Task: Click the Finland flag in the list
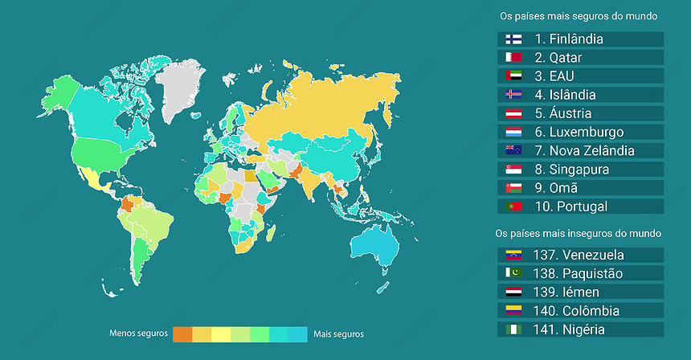(514, 39)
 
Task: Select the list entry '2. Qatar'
(566, 57)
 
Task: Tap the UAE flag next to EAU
(514, 76)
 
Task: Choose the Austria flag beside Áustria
(514, 113)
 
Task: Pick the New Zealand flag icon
(514, 150)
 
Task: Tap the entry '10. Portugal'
(570, 206)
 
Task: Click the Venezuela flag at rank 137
(514, 255)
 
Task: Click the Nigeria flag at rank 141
(514, 329)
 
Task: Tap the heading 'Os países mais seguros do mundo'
(579, 15)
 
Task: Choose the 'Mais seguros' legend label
(338, 333)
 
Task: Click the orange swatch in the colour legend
(182, 333)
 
